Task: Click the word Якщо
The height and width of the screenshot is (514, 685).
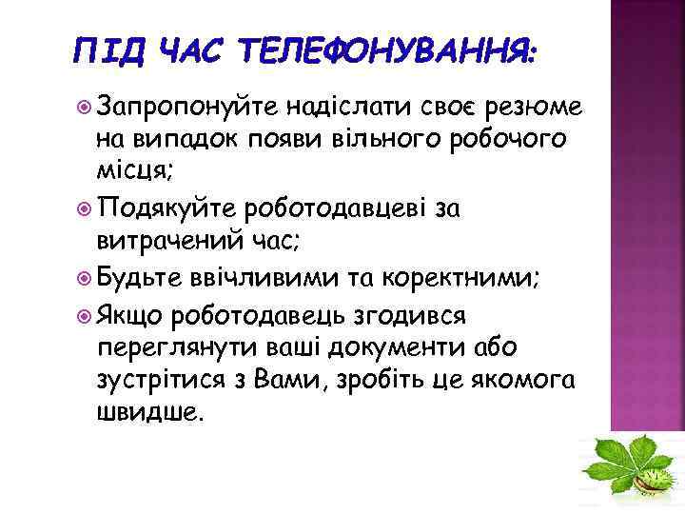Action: click(131, 312)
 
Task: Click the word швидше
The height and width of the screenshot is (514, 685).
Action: click(149, 414)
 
